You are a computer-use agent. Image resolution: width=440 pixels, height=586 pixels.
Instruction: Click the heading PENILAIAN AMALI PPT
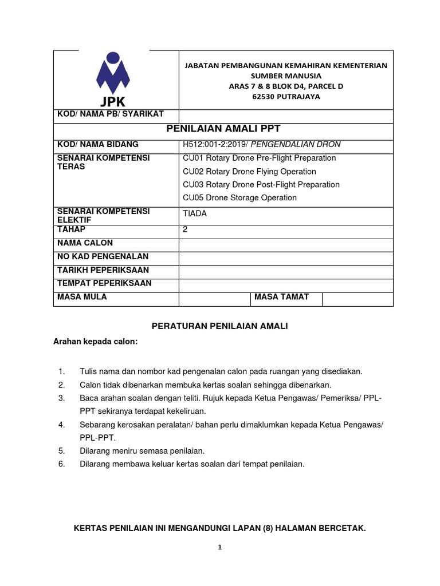click(x=223, y=128)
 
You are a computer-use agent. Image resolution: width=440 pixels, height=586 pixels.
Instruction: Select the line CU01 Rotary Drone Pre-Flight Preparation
click(x=259, y=158)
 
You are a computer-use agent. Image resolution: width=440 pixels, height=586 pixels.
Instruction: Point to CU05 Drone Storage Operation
click(x=239, y=197)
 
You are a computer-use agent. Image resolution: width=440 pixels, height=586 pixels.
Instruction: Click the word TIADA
click(x=195, y=213)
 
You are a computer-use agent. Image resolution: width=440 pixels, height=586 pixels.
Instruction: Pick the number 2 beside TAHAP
click(x=185, y=229)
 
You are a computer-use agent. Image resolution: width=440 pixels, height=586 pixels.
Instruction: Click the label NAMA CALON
click(x=85, y=243)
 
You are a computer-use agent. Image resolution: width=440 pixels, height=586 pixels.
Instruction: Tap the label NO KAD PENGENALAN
click(x=103, y=256)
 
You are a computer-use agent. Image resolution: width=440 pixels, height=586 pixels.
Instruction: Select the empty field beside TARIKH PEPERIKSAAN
click(x=285, y=270)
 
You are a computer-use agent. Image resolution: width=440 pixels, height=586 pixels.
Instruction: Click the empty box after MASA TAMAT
click(x=357, y=298)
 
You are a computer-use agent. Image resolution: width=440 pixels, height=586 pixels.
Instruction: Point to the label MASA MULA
click(x=82, y=296)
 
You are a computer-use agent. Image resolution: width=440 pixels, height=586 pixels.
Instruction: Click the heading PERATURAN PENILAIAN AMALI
click(x=219, y=326)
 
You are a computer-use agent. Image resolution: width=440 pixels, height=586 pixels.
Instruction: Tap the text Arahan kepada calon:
click(x=95, y=342)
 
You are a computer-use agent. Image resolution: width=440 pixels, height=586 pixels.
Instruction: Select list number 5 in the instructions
click(x=62, y=451)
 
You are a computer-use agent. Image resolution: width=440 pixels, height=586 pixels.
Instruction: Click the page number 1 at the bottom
click(x=219, y=547)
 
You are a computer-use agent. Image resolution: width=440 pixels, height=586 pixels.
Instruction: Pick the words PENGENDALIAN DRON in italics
click(x=307, y=144)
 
